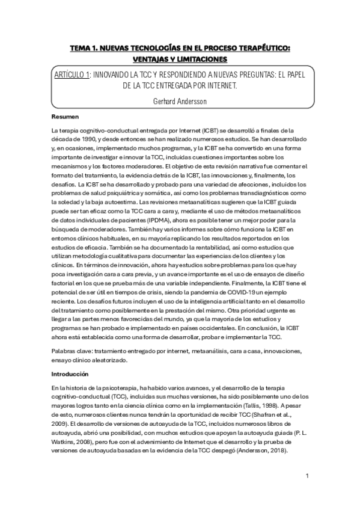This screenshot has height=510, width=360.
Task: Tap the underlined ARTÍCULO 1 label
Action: [x=71, y=74]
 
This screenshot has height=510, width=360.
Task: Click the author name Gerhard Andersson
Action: [x=180, y=101]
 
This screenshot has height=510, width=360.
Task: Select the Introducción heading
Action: [x=73, y=374]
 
